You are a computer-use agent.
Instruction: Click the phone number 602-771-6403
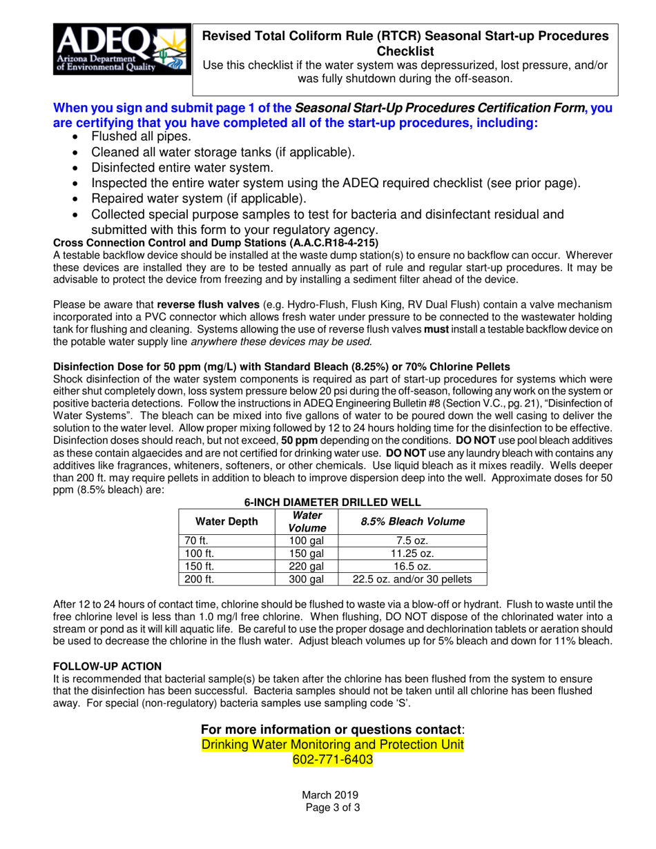pos(328,760)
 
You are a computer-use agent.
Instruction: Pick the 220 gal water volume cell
pos(306,566)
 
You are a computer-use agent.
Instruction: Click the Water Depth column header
pos(226,521)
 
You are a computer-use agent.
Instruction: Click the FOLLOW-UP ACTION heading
pos(108,666)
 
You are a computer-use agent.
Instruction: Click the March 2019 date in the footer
pos(328,795)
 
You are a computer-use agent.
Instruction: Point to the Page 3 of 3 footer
pos(328,808)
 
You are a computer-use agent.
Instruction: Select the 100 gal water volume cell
pos(306,540)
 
